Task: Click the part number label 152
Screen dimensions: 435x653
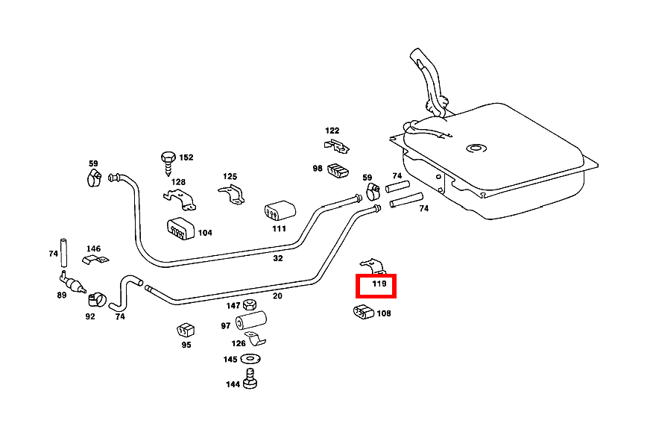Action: [x=186, y=157]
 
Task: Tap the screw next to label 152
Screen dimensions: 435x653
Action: [x=167, y=160]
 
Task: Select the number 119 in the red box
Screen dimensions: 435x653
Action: [x=379, y=284]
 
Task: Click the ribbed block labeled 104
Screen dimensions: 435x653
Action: [x=180, y=229]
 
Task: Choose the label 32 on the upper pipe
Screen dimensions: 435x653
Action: [x=278, y=258]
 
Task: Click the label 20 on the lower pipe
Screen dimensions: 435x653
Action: [x=277, y=295]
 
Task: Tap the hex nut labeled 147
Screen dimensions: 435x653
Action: [x=250, y=306]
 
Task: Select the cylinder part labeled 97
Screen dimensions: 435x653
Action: [x=250, y=324]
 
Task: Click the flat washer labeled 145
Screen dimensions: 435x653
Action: [x=250, y=360]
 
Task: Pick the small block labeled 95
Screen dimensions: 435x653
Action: [x=185, y=329]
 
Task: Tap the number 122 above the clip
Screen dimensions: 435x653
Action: [x=332, y=131]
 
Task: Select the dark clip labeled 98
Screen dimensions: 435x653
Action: [x=338, y=170]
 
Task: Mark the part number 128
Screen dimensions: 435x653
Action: [x=178, y=182]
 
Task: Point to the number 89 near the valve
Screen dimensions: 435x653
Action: [x=61, y=295]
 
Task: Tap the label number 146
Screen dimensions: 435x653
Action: [x=93, y=248]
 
